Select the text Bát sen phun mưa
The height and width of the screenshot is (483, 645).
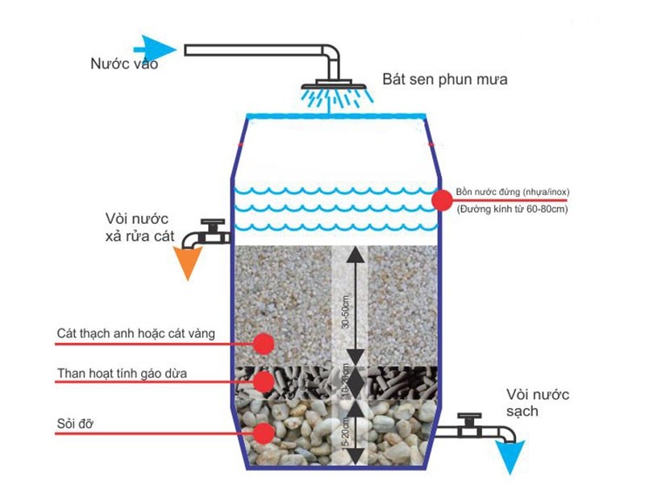click(445, 80)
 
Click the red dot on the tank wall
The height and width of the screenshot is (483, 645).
click(441, 200)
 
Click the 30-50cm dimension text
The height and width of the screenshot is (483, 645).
click(346, 311)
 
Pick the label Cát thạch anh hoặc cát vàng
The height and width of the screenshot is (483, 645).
click(136, 333)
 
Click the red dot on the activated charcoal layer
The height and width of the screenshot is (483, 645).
click(262, 380)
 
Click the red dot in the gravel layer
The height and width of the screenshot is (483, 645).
click(262, 434)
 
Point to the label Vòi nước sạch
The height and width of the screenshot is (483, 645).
click(538, 402)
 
